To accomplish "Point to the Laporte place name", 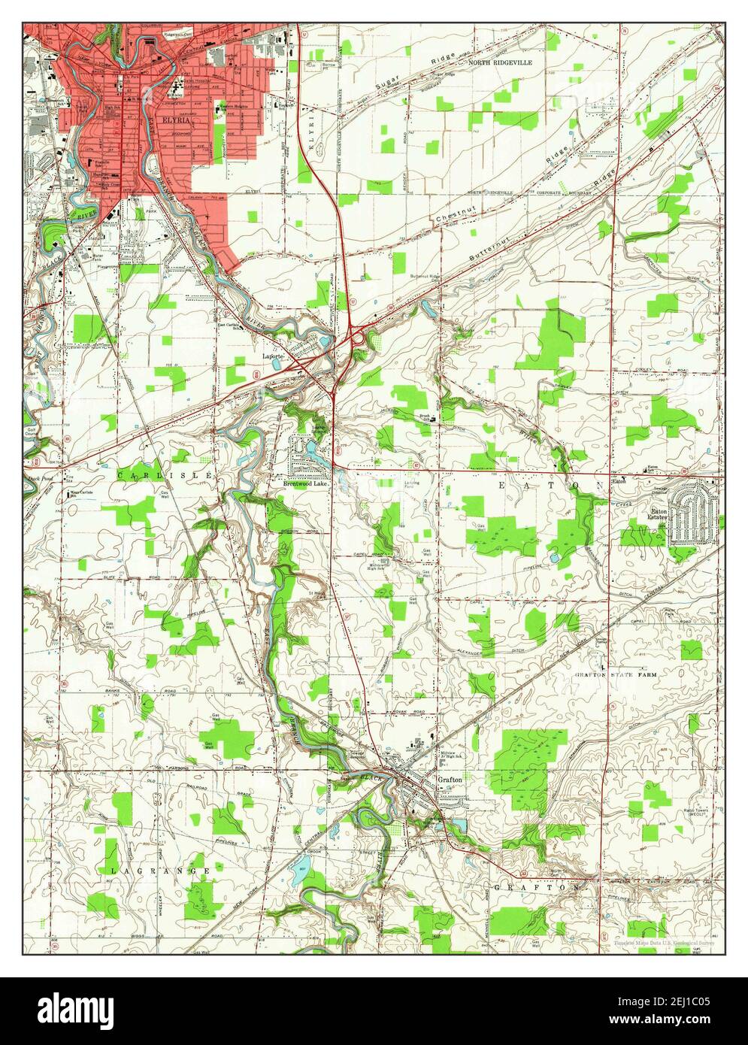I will (273, 355).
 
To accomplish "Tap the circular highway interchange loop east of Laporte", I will (359, 341).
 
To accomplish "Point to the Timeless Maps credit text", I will (664, 943).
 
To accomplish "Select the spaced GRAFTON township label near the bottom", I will (538, 887).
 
